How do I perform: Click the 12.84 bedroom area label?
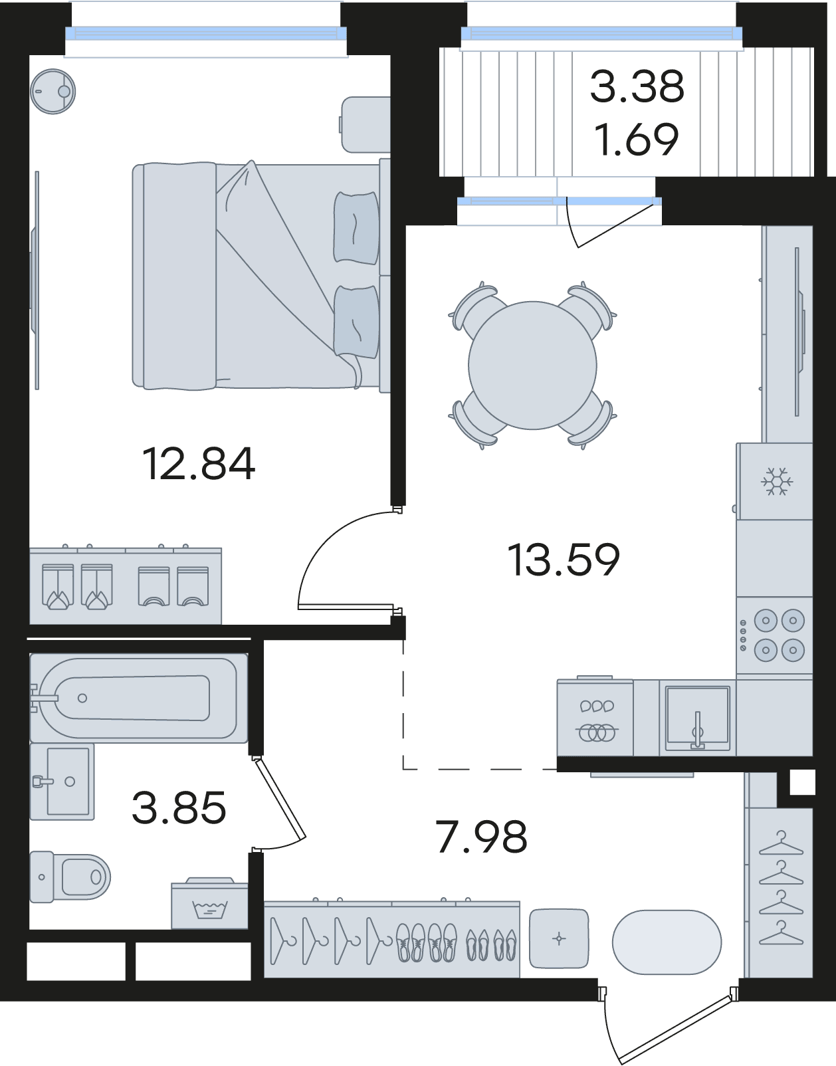(199, 464)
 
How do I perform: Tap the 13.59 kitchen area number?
(564, 560)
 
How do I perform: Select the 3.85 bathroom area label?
(179, 807)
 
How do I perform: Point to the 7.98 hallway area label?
(482, 837)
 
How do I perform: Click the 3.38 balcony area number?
(637, 86)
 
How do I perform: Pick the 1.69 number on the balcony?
(637, 140)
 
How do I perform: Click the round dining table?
(532, 366)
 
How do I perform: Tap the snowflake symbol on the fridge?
(777, 481)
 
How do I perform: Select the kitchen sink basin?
(697, 718)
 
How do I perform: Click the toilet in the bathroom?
(70, 877)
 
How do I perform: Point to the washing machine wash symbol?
(209, 909)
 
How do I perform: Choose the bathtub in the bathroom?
(139, 698)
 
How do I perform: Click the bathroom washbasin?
(62, 782)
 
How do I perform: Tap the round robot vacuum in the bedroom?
(53, 91)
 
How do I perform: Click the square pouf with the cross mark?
(559, 939)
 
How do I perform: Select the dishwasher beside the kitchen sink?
(595, 718)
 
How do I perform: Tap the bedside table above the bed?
(366, 124)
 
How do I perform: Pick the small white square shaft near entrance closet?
(802, 782)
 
